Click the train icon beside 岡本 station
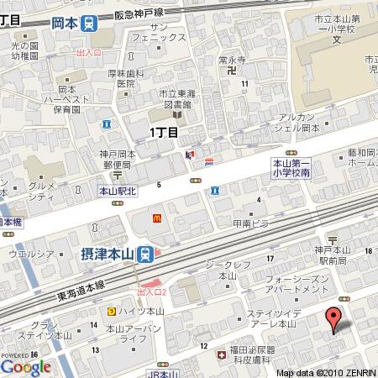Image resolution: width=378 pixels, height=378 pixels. pyautogui.click(x=90, y=23)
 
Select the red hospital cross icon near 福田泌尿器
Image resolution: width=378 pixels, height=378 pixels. pyautogui.click(x=221, y=355)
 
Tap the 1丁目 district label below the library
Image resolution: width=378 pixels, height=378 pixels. pyautogui.click(x=164, y=132)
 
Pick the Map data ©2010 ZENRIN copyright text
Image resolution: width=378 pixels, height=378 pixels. pyautogui.click(x=327, y=373)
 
